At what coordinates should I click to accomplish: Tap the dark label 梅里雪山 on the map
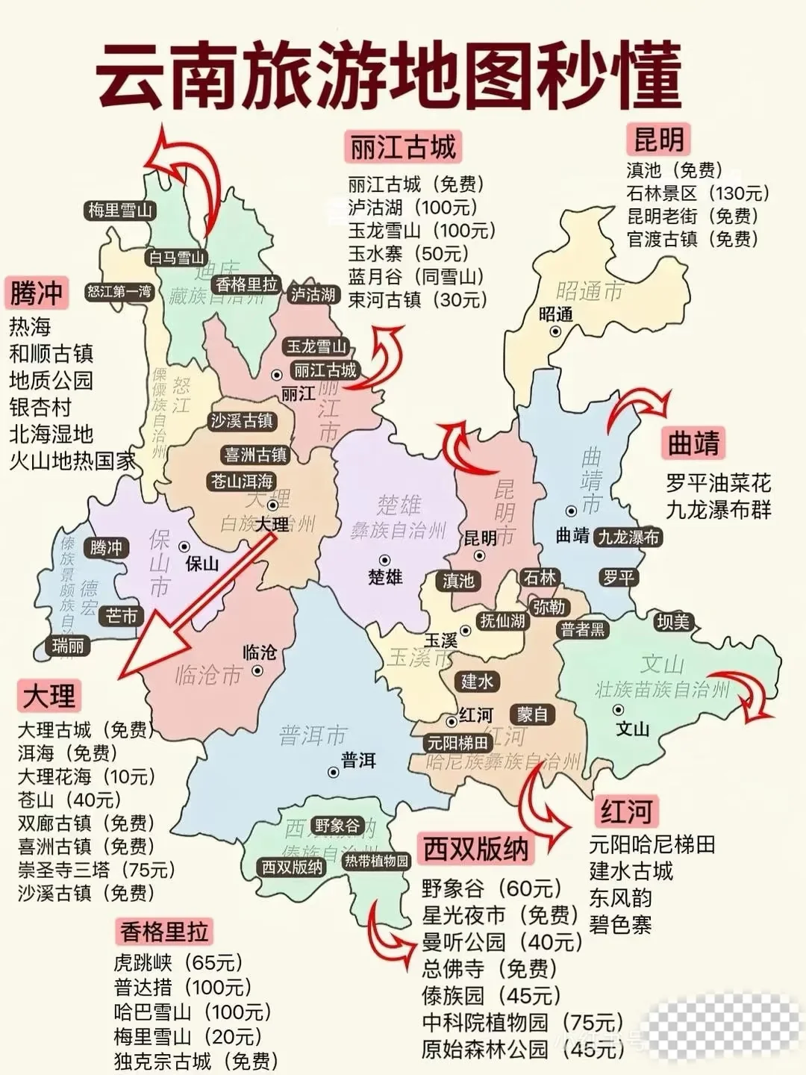[119, 211]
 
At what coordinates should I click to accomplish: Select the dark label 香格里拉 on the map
[246, 284]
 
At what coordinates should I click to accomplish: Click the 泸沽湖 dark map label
[313, 294]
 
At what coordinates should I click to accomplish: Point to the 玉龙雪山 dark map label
[317, 346]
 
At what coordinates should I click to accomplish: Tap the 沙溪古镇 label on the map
[242, 421]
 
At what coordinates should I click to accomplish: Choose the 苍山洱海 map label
[242, 482]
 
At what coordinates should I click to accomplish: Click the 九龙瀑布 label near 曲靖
[628, 537]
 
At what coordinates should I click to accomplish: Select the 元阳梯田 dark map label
[457, 743]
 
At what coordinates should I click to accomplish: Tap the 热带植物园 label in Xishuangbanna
[376, 861]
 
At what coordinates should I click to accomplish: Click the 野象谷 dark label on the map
[337, 825]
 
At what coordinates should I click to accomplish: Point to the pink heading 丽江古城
[403, 147]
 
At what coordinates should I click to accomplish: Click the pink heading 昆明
[658, 139]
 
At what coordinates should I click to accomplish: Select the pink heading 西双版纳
[475, 849]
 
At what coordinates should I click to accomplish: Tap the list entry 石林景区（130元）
[698, 193]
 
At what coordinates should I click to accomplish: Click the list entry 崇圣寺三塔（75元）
[97, 870]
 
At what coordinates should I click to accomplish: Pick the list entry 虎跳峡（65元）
[178, 963]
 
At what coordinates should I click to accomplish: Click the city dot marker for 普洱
[334, 772]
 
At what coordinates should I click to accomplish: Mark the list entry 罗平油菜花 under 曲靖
[718, 483]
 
